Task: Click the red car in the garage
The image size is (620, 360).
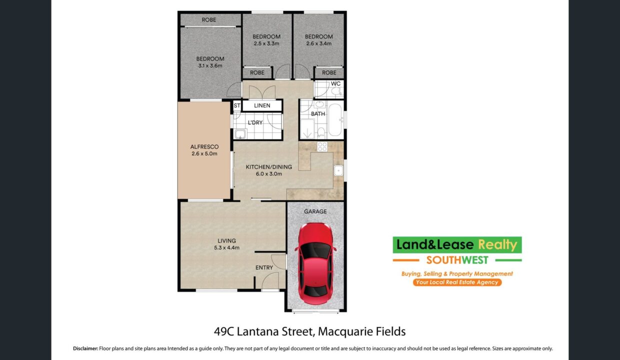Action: pyautogui.click(x=315, y=263)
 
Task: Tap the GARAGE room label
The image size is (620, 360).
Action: pyautogui.click(x=315, y=211)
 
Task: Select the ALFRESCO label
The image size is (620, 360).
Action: pyautogui.click(x=204, y=147)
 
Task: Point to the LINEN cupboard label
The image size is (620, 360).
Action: pyautogui.click(x=262, y=105)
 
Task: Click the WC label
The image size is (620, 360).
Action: pyautogui.click(x=335, y=83)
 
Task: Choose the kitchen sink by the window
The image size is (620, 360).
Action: pyautogui.click(x=338, y=170)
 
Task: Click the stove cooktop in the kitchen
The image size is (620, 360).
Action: pyautogui.click(x=322, y=146)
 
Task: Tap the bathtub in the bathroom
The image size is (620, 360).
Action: pyautogui.click(x=335, y=120)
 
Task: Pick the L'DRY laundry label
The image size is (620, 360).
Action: pyautogui.click(x=255, y=122)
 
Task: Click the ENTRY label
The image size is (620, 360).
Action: pyautogui.click(x=264, y=267)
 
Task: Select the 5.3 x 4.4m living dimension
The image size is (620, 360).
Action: pyautogui.click(x=226, y=247)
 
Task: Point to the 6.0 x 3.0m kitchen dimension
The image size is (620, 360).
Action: pyautogui.click(x=269, y=174)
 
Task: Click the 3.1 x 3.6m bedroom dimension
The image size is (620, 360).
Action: pyautogui.click(x=210, y=65)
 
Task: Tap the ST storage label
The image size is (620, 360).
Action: pyautogui.click(x=237, y=105)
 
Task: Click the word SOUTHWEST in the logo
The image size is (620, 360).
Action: pyautogui.click(x=457, y=260)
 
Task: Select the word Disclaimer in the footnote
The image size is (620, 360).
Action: pyautogui.click(x=85, y=348)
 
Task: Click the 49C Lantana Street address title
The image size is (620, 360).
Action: pyautogui.click(x=309, y=331)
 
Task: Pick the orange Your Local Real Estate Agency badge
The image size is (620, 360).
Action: pyautogui.click(x=457, y=282)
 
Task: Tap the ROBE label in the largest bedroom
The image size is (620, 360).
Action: pyautogui.click(x=209, y=20)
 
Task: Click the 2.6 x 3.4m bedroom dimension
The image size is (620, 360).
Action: pyautogui.click(x=319, y=43)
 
